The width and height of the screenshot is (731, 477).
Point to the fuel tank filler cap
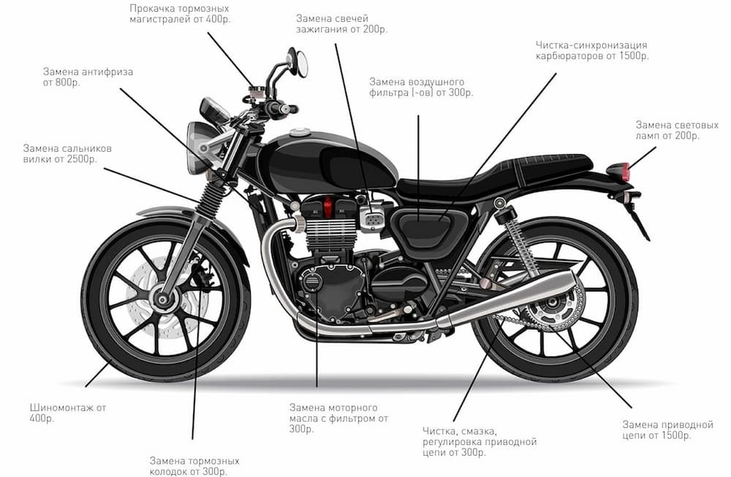(x=299, y=131)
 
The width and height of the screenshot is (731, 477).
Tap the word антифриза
(x=107, y=72)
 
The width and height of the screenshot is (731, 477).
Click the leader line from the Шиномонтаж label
(x=97, y=375)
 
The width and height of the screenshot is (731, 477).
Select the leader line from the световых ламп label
(x=642, y=158)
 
